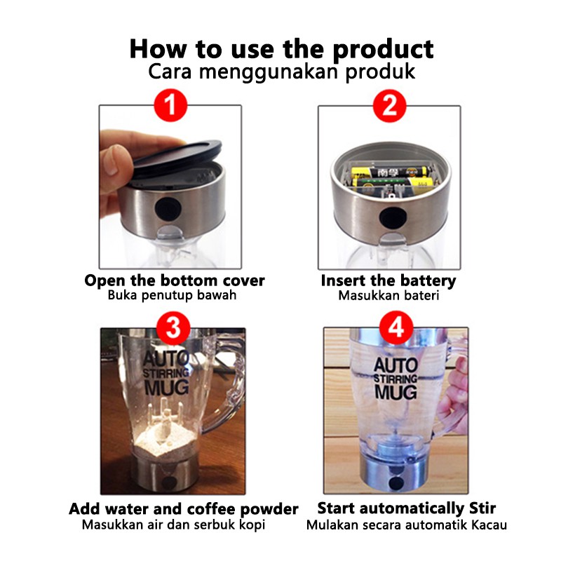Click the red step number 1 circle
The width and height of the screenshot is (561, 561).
[x=170, y=105]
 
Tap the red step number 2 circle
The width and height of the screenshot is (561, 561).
[x=390, y=106]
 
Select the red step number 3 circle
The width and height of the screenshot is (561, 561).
[x=173, y=327]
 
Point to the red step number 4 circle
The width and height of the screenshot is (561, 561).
[x=396, y=327]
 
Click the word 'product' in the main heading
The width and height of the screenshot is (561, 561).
[x=383, y=49]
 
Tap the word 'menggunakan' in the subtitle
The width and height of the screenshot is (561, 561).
[x=269, y=72]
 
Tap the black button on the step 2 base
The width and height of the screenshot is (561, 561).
[x=393, y=217]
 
